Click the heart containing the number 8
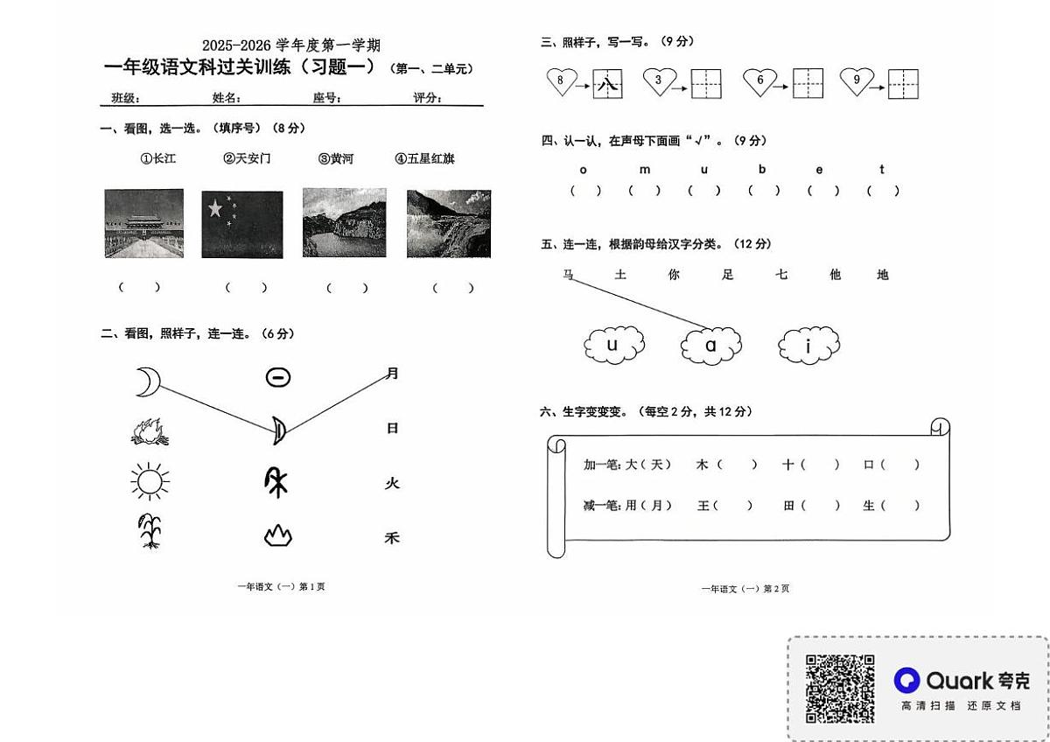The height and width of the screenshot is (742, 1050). pos(561,81)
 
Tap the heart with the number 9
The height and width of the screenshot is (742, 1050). pos(857,81)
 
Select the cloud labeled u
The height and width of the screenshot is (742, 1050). pos(612,345)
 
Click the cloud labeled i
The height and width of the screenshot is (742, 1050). pos(808,346)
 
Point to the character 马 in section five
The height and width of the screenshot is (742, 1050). pos(568,275)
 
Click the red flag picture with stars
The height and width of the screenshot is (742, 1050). pos(242,225)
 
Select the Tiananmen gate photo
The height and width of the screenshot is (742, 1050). pos(143,223)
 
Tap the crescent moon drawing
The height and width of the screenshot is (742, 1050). pos(148,381)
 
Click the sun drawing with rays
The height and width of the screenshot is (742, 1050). pos(149,482)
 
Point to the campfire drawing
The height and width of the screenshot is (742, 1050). pos(148,430)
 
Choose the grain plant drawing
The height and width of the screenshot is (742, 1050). pos(150,531)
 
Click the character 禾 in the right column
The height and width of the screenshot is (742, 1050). pos(392,538)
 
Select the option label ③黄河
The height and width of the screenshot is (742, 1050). pos(336,158)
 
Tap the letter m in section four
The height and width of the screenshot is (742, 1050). pos(645,170)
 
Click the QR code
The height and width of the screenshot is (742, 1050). pos(840,689)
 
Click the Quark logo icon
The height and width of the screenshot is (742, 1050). pos(906,680)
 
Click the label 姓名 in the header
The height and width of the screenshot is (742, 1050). pos(224,97)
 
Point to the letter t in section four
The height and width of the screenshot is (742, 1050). pos(882,170)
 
